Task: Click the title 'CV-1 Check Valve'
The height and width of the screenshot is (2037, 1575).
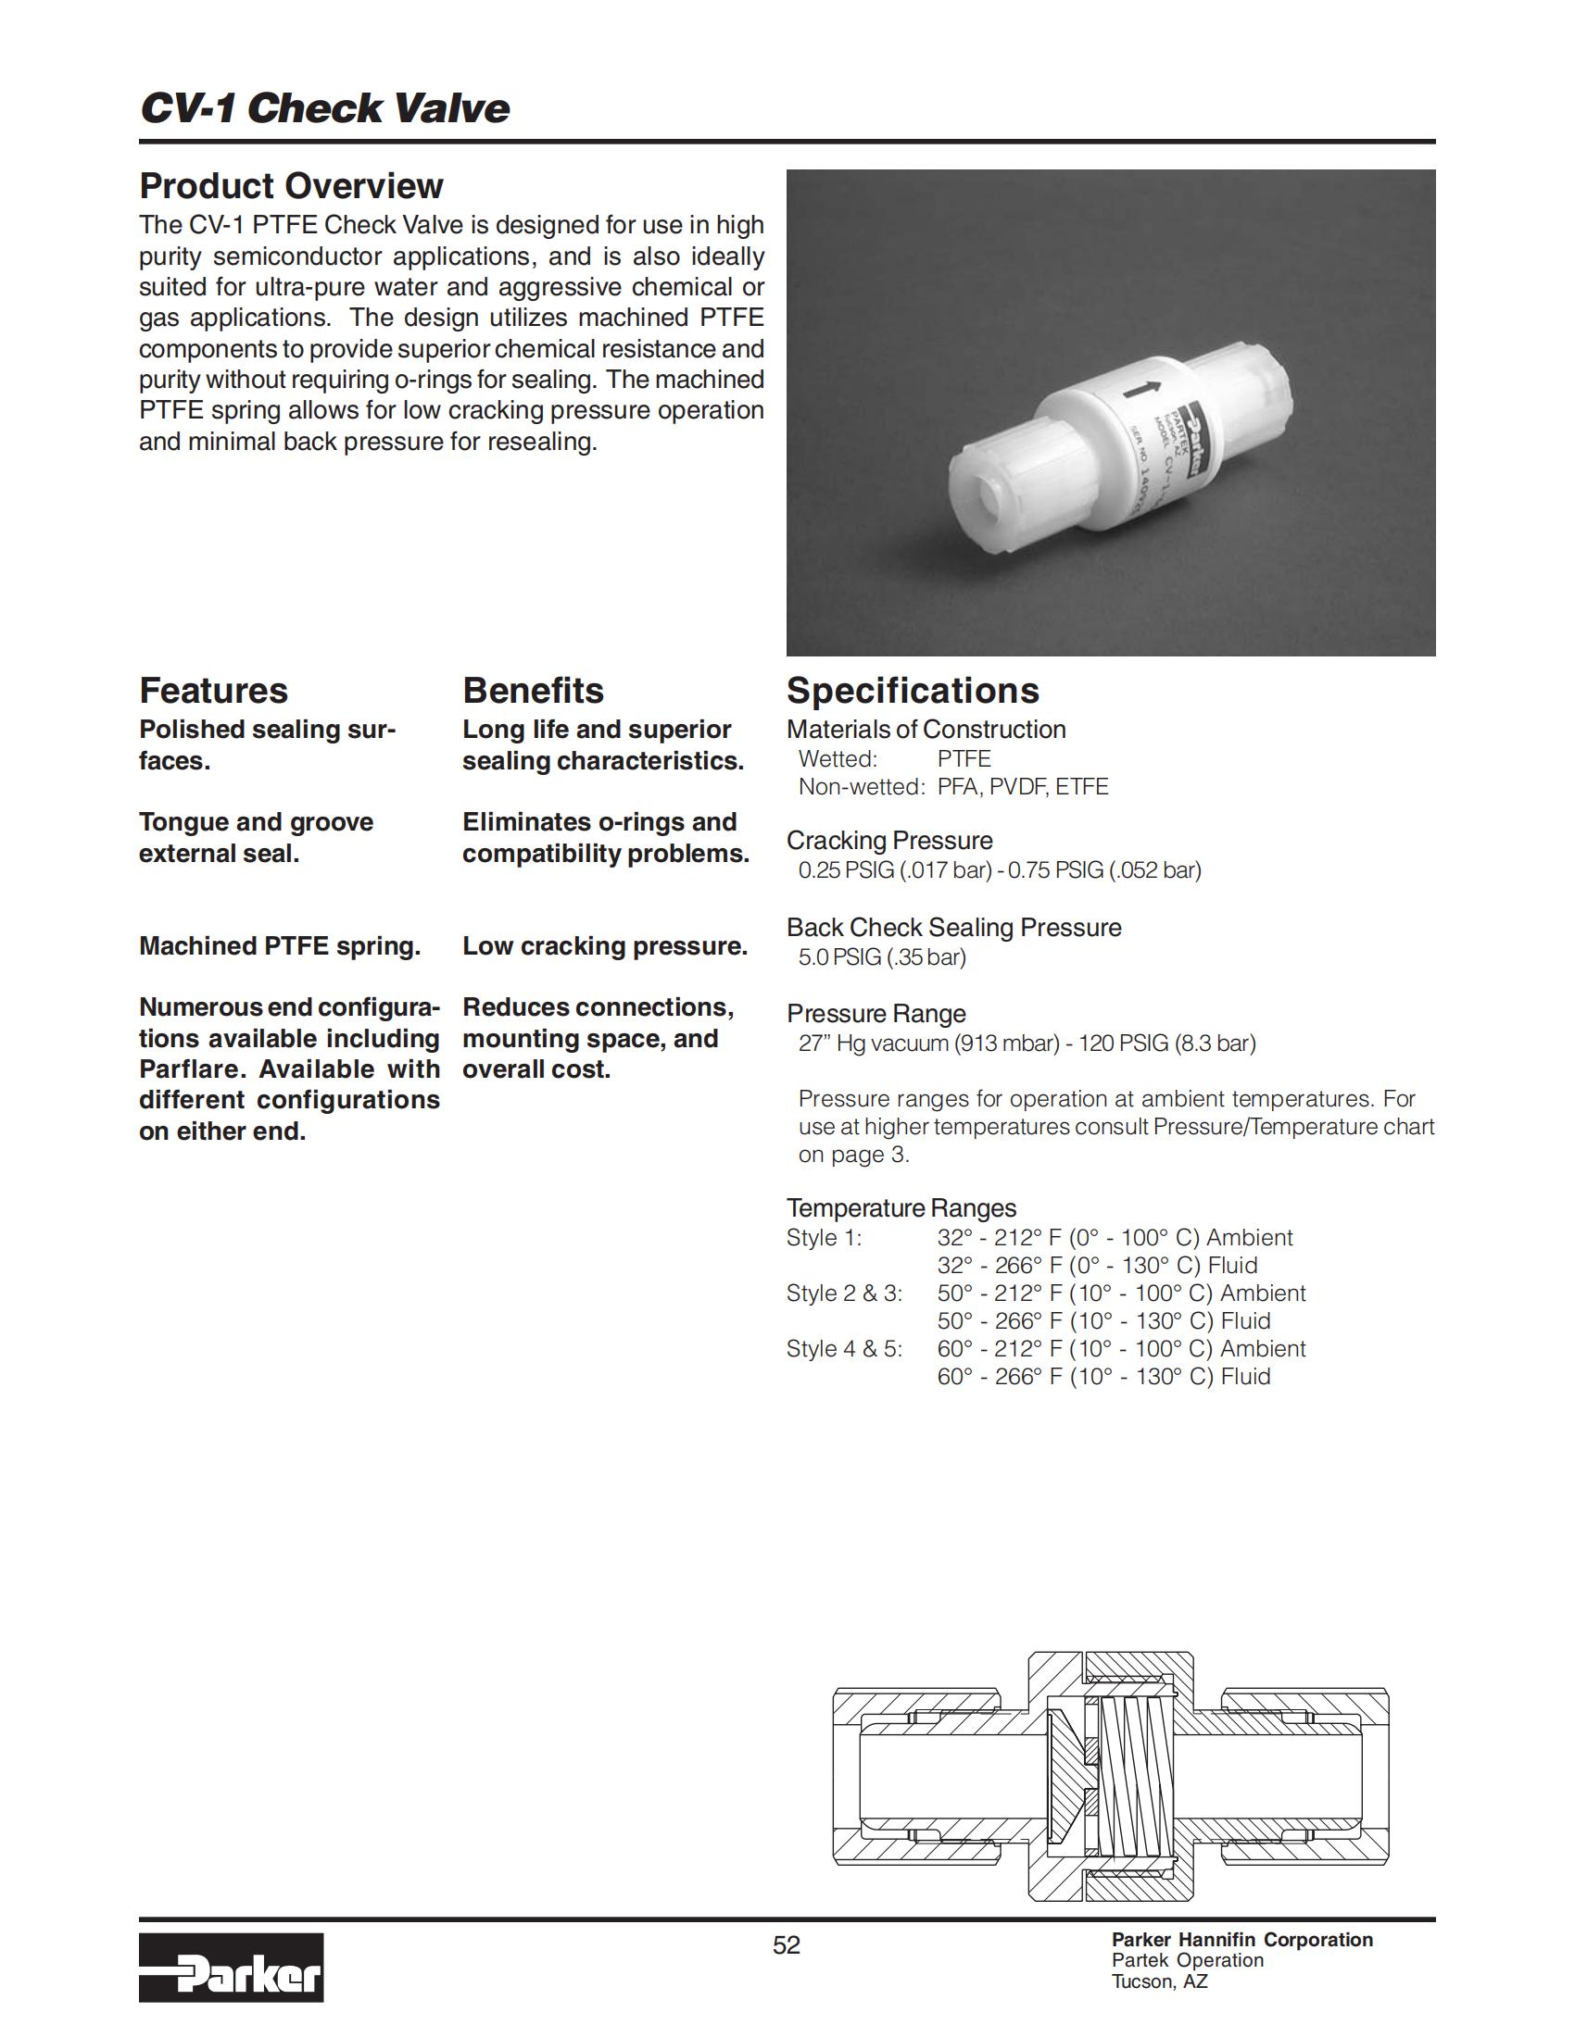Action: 324,108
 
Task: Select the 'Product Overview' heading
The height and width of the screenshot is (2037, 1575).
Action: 291,186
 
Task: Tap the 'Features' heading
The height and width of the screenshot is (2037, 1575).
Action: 214,691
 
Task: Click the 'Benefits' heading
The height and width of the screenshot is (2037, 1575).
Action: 533,691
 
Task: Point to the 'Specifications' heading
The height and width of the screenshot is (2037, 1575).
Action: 913,691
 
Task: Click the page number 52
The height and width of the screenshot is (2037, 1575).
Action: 787,1944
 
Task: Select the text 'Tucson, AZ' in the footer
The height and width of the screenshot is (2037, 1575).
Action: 1159,1981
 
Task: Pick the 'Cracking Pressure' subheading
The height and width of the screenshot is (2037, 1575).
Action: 889,841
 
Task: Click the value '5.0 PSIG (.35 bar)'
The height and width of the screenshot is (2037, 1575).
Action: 882,958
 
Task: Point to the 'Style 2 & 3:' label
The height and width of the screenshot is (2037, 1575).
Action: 844,1293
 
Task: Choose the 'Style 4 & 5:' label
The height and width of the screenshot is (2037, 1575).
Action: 844,1350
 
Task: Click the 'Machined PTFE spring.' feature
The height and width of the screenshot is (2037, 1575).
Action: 280,946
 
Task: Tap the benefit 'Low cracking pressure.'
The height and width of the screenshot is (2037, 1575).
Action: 605,946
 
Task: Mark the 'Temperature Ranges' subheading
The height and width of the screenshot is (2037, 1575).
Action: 901,1208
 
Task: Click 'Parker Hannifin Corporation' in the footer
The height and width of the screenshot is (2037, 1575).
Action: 1241,1940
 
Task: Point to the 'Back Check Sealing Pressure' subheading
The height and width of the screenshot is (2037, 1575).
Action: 953,928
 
